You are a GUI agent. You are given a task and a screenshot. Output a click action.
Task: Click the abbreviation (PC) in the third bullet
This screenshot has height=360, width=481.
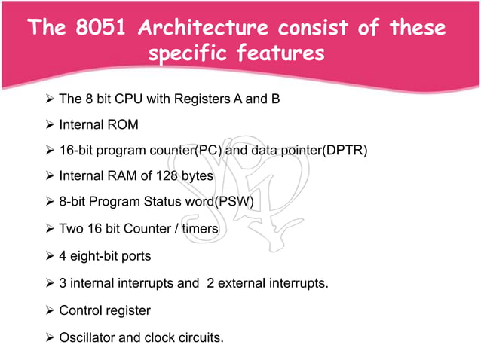(x=208, y=151)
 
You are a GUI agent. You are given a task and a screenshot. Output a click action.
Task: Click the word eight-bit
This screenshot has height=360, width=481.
(x=95, y=255)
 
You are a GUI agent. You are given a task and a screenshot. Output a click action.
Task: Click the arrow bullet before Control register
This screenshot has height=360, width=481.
(x=51, y=310)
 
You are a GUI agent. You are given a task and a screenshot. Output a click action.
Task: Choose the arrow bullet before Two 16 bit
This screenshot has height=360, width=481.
(x=51, y=229)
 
